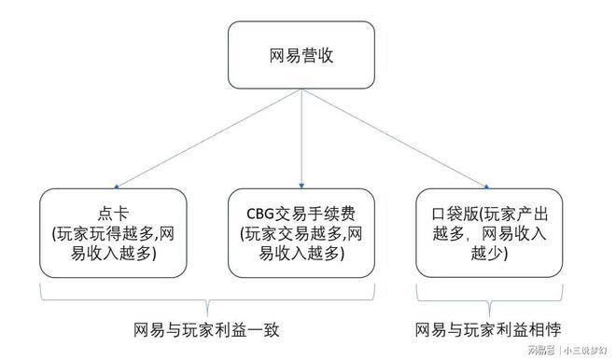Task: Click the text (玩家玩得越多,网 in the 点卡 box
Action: tap(113, 232)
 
